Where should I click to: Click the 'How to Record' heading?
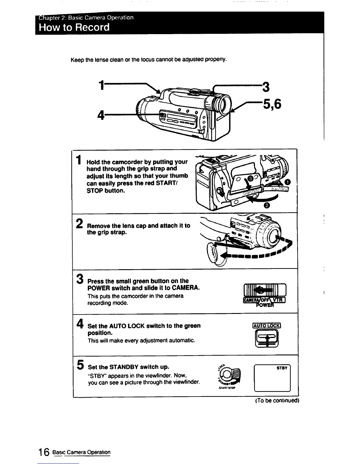[74, 27]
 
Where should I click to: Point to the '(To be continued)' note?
[277, 401]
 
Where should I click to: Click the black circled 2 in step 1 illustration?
[266, 206]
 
